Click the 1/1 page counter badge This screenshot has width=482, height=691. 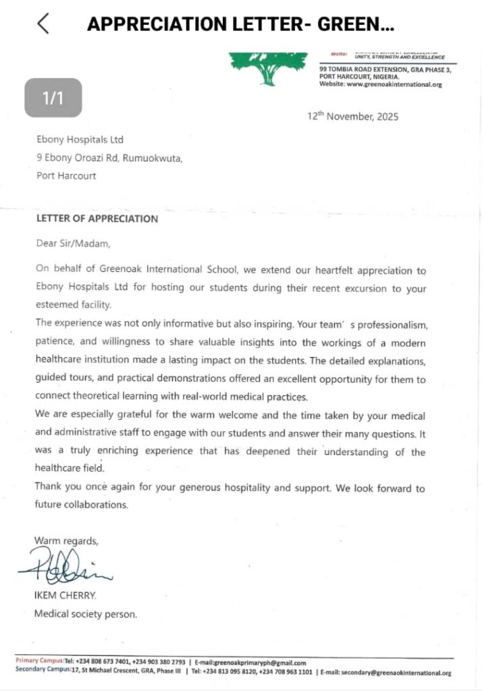(x=53, y=98)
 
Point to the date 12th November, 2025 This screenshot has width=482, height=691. (x=352, y=116)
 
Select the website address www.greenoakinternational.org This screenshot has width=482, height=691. (x=397, y=84)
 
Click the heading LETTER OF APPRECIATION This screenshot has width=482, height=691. (x=97, y=219)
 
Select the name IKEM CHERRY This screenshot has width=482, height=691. (x=65, y=596)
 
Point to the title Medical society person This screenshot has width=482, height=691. (x=85, y=613)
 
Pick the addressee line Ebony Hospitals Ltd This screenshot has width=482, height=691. (x=80, y=140)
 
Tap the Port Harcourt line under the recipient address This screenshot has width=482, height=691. (x=65, y=175)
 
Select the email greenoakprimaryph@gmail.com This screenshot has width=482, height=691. (x=259, y=663)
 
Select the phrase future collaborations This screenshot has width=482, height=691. (x=81, y=504)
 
